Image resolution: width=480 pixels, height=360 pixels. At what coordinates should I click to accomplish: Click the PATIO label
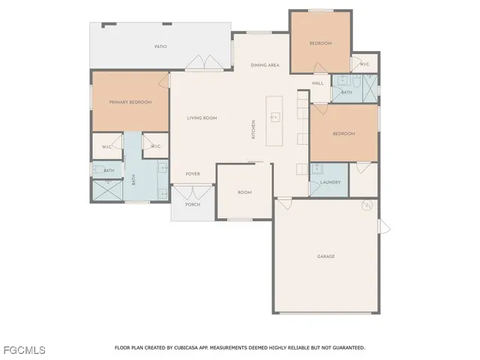(x=160, y=46)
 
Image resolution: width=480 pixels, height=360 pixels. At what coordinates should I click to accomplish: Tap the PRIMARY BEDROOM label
(x=130, y=102)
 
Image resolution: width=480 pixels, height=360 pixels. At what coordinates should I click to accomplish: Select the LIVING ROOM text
(x=202, y=118)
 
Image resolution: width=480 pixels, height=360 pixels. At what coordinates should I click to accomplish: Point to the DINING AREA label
(x=265, y=65)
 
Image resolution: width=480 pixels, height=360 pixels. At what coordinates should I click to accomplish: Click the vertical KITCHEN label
(x=253, y=129)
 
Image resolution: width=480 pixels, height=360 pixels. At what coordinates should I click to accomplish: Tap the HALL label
(x=317, y=83)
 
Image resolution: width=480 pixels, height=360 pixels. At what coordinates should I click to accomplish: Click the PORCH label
(x=193, y=204)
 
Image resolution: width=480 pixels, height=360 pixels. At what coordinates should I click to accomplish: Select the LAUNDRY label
(x=330, y=182)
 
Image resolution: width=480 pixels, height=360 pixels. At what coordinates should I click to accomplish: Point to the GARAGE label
(x=325, y=256)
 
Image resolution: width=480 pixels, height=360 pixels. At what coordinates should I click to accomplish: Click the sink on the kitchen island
(x=275, y=117)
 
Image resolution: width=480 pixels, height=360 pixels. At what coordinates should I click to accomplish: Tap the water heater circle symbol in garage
(x=367, y=205)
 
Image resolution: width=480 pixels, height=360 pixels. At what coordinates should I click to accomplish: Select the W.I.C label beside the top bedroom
(x=364, y=64)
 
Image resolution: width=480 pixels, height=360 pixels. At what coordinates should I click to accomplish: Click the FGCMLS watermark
(x=24, y=350)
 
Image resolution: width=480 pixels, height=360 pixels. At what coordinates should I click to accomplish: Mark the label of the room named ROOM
(x=244, y=193)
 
